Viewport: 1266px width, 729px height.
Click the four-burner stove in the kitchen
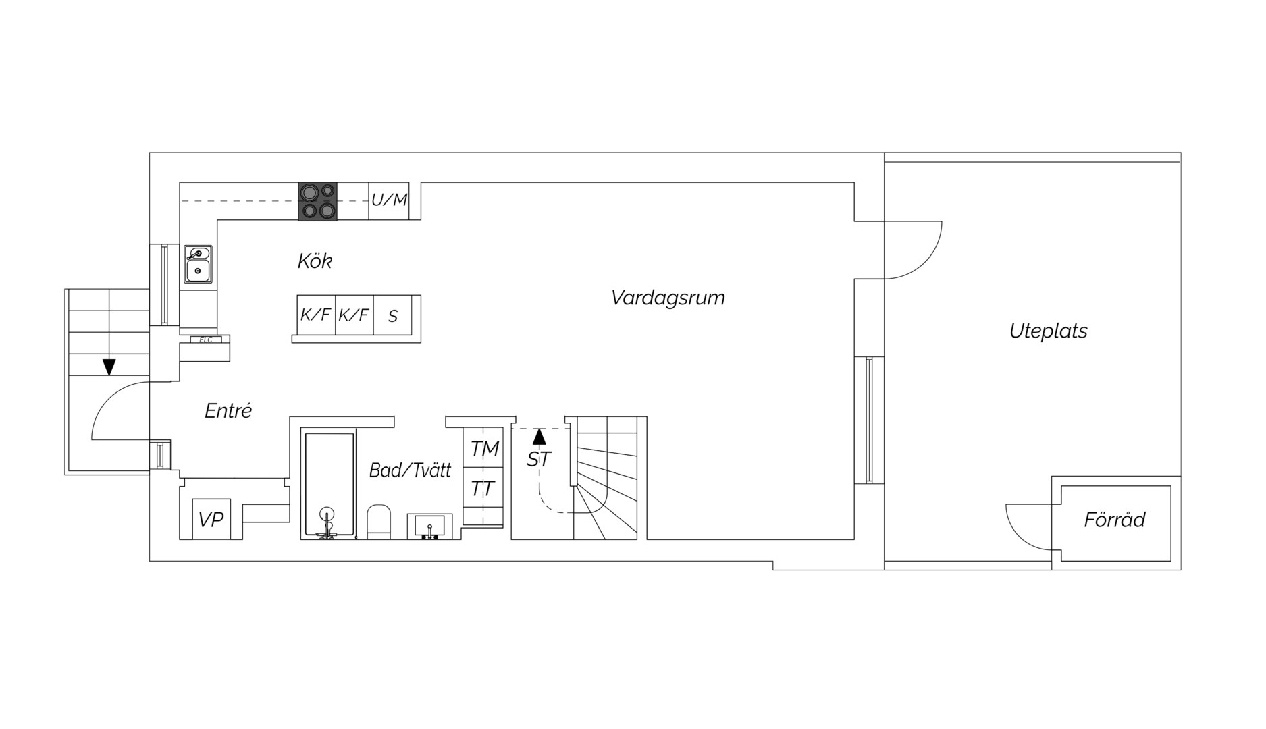317,201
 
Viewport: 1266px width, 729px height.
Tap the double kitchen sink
199,264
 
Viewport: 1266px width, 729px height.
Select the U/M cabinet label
390,200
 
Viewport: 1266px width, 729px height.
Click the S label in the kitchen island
393,316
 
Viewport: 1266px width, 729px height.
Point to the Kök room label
315,261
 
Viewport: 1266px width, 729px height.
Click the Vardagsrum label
668,298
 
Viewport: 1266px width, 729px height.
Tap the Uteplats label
1048,331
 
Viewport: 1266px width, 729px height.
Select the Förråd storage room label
1115,519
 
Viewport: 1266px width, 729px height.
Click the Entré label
228,410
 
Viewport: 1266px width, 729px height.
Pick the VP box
211,519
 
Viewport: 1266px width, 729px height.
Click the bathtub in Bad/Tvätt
329,485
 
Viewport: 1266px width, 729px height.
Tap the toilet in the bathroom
379,521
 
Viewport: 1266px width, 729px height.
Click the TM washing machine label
485,448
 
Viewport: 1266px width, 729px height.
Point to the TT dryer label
483,488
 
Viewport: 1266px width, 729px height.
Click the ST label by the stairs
539,459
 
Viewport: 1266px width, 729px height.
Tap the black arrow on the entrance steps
109,367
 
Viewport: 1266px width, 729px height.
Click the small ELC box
206,340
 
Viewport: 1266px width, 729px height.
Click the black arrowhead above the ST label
539,436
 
